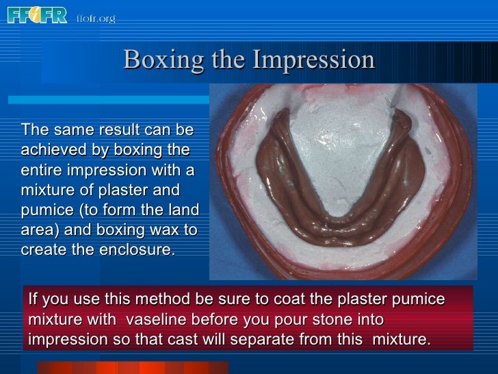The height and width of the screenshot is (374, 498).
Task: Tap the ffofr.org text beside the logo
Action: (96, 18)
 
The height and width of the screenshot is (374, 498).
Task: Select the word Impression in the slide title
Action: (314, 60)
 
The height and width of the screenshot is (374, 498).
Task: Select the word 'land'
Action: (183, 209)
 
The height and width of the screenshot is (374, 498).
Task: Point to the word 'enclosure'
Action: (136, 249)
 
